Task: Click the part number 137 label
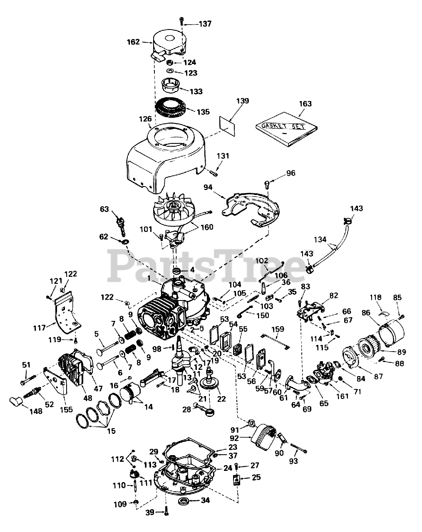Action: point(205,24)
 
